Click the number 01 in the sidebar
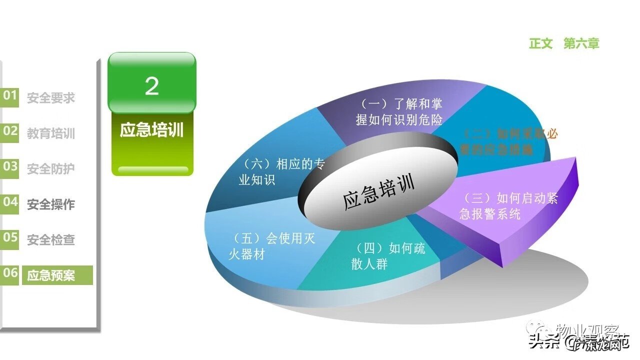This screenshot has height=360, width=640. (10, 95)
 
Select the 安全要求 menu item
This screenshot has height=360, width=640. (51, 98)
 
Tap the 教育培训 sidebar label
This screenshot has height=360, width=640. (51, 133)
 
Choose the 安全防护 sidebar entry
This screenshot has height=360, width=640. (51, 169)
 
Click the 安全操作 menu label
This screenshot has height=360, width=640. (51, 204)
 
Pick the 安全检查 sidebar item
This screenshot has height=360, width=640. (51, 240)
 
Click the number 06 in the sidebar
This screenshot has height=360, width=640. (10, 273)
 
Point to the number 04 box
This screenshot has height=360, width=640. (10, 202)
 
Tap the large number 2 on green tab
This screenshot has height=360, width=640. (151, 86)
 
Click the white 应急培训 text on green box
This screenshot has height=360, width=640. (151, 130)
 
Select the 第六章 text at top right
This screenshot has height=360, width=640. (581, 43)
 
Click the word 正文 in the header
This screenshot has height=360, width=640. (541, 43)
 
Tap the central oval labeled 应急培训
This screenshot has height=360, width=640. (378, 193)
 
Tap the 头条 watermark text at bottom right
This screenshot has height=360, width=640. (542, 342)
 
